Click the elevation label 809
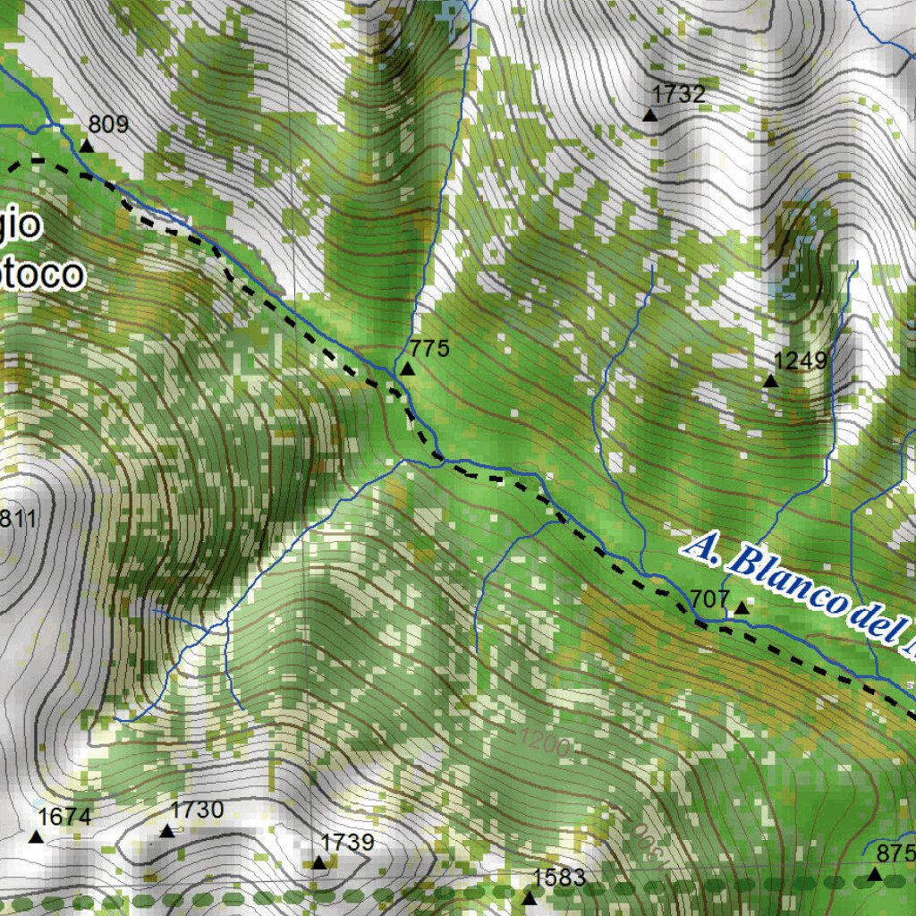pos(108,124)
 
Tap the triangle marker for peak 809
pos(87,146)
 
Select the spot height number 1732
pos(679,94)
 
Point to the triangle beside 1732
pos(650,114)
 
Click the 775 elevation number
pos(429,348)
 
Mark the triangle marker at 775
pos(408,369)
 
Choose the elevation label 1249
pos(801,360)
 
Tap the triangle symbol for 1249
pos(770,381)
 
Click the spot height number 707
pos(711,598)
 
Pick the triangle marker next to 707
pos(741,608)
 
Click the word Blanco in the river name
pos(784,581)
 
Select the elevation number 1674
pos(64,816)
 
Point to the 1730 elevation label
pos(196,810)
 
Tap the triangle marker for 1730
pos(167,831)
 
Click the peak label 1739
pos(347,842)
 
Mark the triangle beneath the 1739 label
pos(318,863)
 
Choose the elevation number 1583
pos(559,877)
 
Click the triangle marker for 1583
pos(530,897)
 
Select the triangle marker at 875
pos(874,873)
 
